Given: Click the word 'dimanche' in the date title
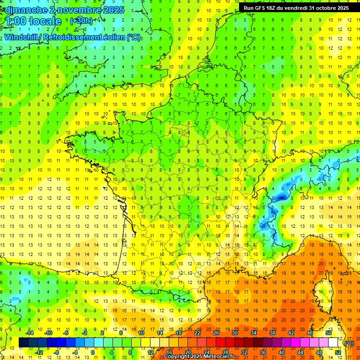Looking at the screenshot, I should tap(24, 10).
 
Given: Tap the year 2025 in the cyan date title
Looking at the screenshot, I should tap(112, 10).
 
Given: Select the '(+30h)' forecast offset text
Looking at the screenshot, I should tap(81, 21).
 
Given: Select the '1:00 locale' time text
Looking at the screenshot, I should tap(33, 21).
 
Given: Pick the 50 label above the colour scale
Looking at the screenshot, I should tap(328, 332).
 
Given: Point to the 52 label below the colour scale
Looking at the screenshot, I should tap(337, 352).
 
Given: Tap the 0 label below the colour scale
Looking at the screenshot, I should tap(93, 352).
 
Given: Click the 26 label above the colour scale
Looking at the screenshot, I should tap(216, 332).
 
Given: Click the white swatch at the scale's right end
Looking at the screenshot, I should tap(333, 342).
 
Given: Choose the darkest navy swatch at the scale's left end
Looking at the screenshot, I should tap(23, 342).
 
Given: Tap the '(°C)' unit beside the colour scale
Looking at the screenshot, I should tap(349, 343).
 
